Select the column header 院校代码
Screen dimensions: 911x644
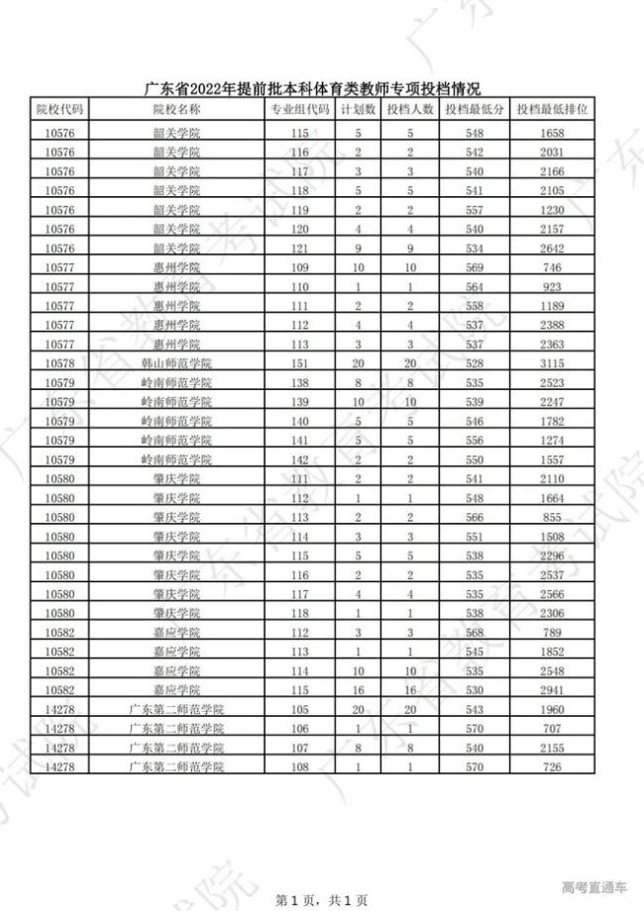pos(60,109)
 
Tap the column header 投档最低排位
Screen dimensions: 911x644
pos(553,109)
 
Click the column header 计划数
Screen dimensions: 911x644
pos(358,109)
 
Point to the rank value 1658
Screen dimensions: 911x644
pos(553,132)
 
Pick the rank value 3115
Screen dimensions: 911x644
pos(553,363)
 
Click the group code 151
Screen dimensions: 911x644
pos(300,363)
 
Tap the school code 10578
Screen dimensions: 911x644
pos(60,363)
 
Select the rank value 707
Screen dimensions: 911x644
pos(553,729)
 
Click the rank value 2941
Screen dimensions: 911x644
pos(553,690)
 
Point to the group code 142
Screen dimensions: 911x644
pos(300,460)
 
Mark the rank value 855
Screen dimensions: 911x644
pos(553,518)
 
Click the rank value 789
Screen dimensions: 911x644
pos(553,633)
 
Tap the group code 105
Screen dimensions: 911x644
pos(300,710)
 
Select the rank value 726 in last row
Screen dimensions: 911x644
pos(553,767)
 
